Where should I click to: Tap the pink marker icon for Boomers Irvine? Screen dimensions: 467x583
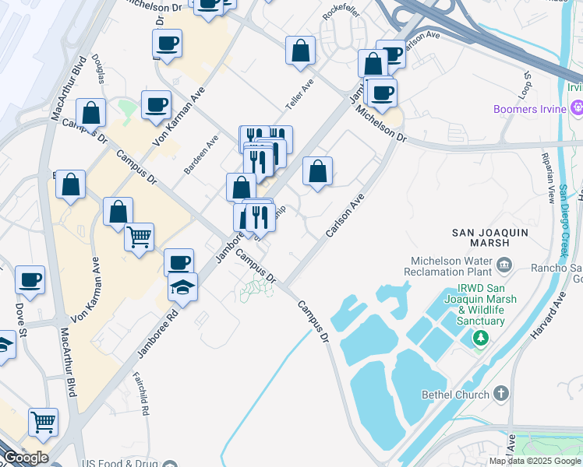[576, 108]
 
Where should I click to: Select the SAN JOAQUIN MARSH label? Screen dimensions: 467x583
[491, 237]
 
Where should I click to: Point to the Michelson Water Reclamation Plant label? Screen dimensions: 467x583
[447, 267]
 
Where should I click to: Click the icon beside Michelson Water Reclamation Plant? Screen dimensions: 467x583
[503, 267]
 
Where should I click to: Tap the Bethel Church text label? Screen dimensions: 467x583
[453, 395]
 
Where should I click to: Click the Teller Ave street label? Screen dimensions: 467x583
[300, 93]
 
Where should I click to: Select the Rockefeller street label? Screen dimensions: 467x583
[343, 16]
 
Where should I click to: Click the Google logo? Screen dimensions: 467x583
[25, 458]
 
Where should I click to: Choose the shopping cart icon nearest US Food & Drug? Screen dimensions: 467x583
[44, 422]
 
